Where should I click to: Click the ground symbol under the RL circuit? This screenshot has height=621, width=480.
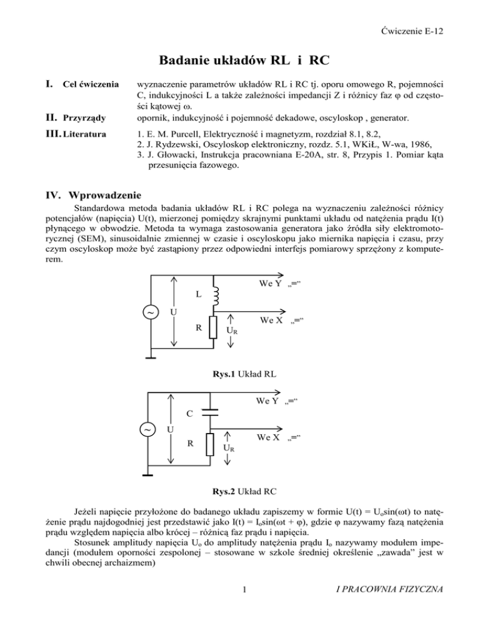(x=151, y=357)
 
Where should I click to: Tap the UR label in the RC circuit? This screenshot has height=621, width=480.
(x=229, y=449)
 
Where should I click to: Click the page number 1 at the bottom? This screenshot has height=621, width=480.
(x=240, y=605)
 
